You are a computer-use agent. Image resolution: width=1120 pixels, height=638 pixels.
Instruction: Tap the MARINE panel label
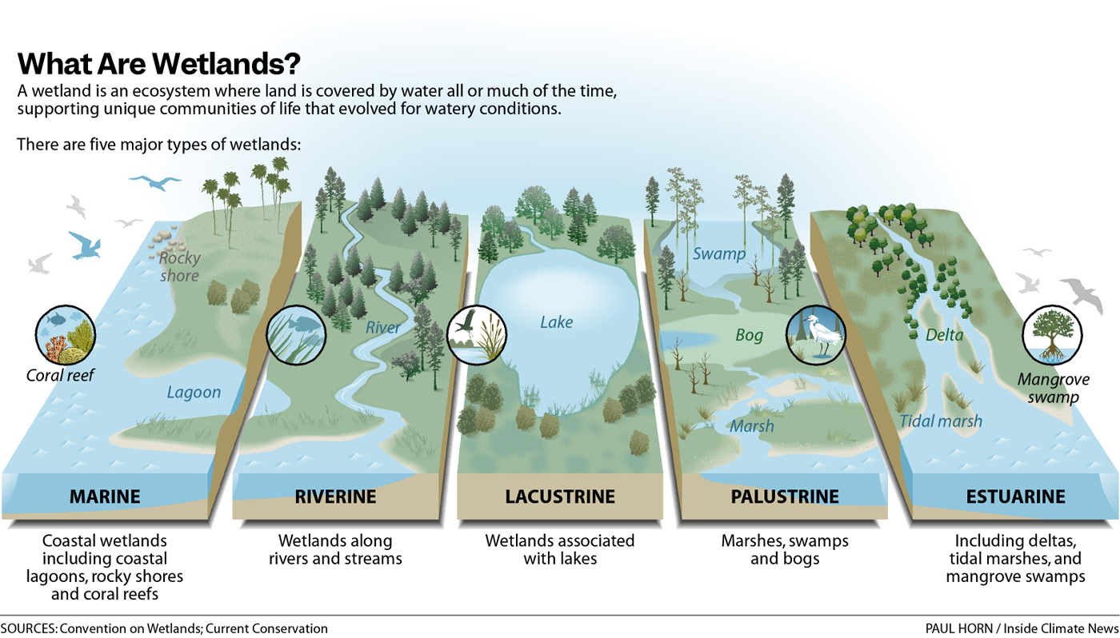pyautogui.click(x=105, y=496)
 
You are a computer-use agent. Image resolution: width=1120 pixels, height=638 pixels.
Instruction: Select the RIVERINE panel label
pyautogui.click(x=335, y=496)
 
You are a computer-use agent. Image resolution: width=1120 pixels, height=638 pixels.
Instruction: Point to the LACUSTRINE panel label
pyautogui.click(x=560, y=496)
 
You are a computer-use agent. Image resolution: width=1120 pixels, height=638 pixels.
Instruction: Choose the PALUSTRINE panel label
pyautogui.click(x=785, y=496)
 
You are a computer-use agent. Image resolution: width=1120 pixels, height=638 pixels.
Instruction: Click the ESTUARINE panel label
pyautogui.click(x=1015, y=496)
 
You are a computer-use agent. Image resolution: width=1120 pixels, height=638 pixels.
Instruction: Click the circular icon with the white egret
pyautogui.click(x=816, y=334)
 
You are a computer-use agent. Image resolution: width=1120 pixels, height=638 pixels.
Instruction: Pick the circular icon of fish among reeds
pyautogui.click(x=295, y=334)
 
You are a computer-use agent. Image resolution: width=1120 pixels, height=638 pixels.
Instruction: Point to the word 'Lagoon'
pyautogui.click(x=194, y=393)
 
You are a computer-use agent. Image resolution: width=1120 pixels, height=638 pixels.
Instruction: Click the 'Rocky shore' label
pyautogui.click(x=179, y=267)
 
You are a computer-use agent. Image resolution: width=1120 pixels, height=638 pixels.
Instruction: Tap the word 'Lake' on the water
pyautogui.click(x=557, y=323)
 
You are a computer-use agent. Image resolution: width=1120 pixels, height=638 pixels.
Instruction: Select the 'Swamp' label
pyautogui.click(x=718, y=254)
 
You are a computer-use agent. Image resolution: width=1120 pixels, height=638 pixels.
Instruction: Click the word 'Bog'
pyautogui.click(x=750, y=336)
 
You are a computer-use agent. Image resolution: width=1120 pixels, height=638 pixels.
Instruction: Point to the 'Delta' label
pyautogui.click(x=944, y=335)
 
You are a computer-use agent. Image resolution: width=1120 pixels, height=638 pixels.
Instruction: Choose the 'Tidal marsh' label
pyautogui.click(x=940, y=421)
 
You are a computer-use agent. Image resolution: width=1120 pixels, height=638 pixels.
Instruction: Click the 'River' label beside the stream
pyautogui.click(x=383, y=327)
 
